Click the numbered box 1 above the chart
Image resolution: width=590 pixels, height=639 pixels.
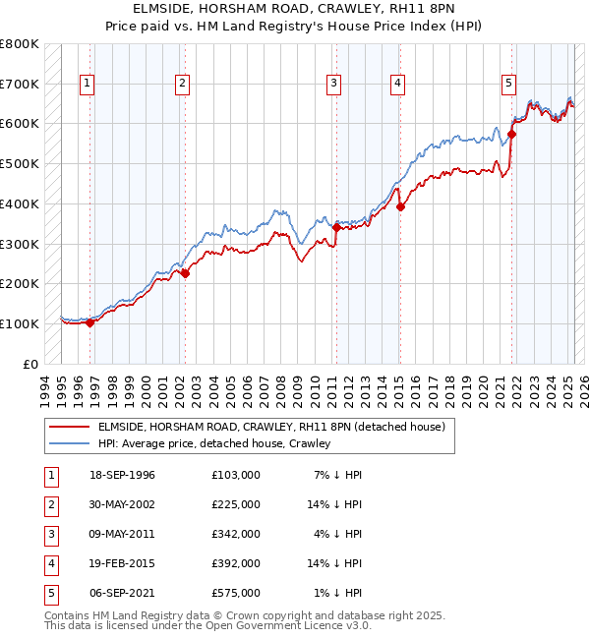88,85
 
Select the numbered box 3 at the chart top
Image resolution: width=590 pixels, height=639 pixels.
334,85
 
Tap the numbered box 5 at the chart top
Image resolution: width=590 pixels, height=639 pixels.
508,85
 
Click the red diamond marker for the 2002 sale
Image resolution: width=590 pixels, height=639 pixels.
185,274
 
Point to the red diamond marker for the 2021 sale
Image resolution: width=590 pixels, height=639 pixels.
512,134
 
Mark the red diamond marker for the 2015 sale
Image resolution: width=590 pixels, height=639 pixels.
400,206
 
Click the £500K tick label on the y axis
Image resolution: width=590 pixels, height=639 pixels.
20,163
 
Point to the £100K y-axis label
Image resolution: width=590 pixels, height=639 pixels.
20,323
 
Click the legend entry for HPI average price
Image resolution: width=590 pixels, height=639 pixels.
213,443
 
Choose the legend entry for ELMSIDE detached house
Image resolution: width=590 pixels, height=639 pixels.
271,427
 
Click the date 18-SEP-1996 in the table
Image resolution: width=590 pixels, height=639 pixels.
122,475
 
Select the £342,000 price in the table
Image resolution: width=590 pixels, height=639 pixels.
235,534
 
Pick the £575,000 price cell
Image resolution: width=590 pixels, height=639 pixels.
235,593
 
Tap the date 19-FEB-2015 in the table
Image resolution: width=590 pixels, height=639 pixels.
122,563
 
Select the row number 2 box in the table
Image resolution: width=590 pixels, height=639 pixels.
50,504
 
